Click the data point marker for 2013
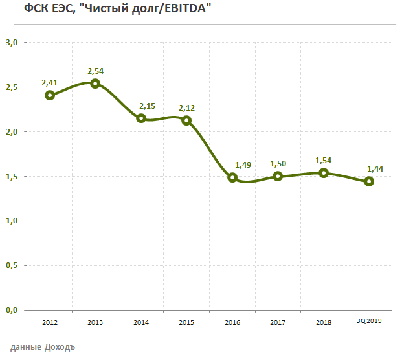(95, 84)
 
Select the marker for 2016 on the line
(232, 177)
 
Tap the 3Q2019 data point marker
(369, 181)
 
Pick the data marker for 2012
(50, 95)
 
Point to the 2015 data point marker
(186, 120)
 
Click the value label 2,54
(96, 71)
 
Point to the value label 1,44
(375, 168)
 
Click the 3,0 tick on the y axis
(11, 43)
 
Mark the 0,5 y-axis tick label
(11, 265)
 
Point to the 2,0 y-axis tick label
(11, 132)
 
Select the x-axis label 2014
(141, 322)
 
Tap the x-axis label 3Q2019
(369, 321)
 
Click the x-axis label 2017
(278, 322)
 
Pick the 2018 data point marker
(324, 173)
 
